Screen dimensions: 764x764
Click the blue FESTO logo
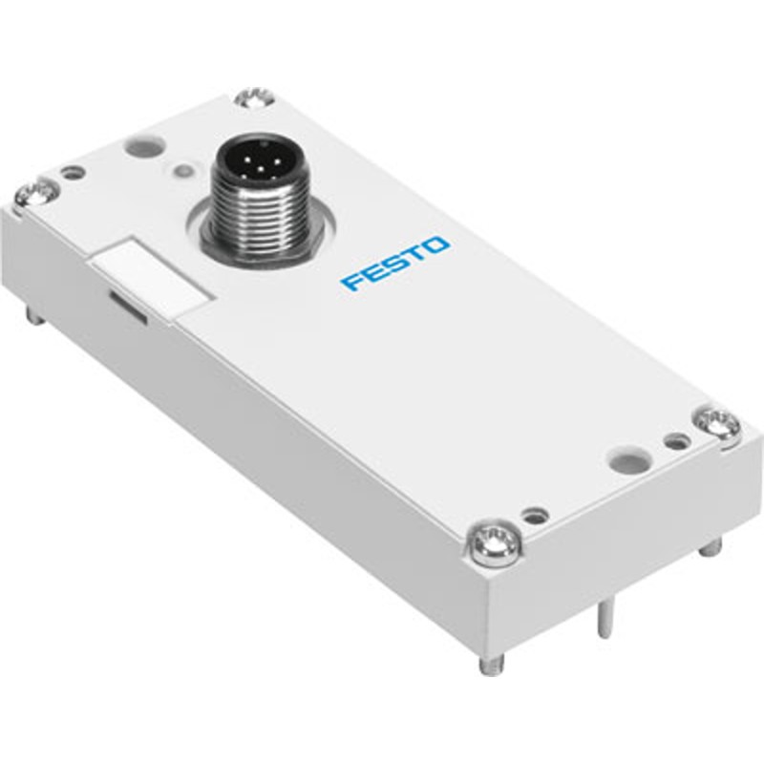coord(394,264)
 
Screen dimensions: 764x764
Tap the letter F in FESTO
coord(351,282)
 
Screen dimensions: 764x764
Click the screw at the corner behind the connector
coord(256,96)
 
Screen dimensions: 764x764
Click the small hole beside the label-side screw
coord(73,174)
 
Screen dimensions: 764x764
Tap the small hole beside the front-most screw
coord(536,515)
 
